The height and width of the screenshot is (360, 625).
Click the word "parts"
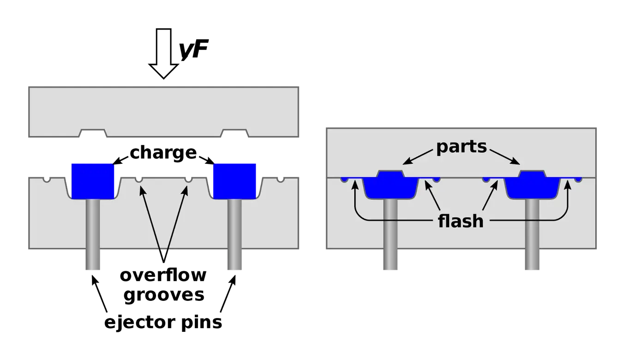click(x=462, y=147)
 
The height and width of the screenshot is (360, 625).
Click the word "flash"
click(x=460, y=222)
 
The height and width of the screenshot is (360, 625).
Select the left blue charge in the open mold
click(x=92, y=180)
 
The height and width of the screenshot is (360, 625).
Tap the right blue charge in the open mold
click(x=234, y=180)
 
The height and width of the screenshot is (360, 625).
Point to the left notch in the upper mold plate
click(x=93, y=134)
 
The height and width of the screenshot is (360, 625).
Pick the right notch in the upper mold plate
click(x=235, y=134)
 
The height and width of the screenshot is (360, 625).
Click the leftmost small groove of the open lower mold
click(x=46, y=179)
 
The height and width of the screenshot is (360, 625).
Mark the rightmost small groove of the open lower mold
click(x=281, y=179)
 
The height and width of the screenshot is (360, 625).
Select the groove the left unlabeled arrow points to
click(x=138, y=179)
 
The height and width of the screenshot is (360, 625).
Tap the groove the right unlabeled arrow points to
click(x=188, y=179)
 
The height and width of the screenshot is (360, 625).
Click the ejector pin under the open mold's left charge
click(x=93, y=235)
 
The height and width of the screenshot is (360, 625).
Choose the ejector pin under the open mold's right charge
click(x=234, y=235)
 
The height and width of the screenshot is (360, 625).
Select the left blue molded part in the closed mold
click(x=391, y=186)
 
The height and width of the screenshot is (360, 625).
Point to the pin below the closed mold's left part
click(x=390, y=235)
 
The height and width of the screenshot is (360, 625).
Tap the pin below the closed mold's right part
click(x=531, y=235)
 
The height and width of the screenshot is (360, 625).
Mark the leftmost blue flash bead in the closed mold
click(x=343, y=179)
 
